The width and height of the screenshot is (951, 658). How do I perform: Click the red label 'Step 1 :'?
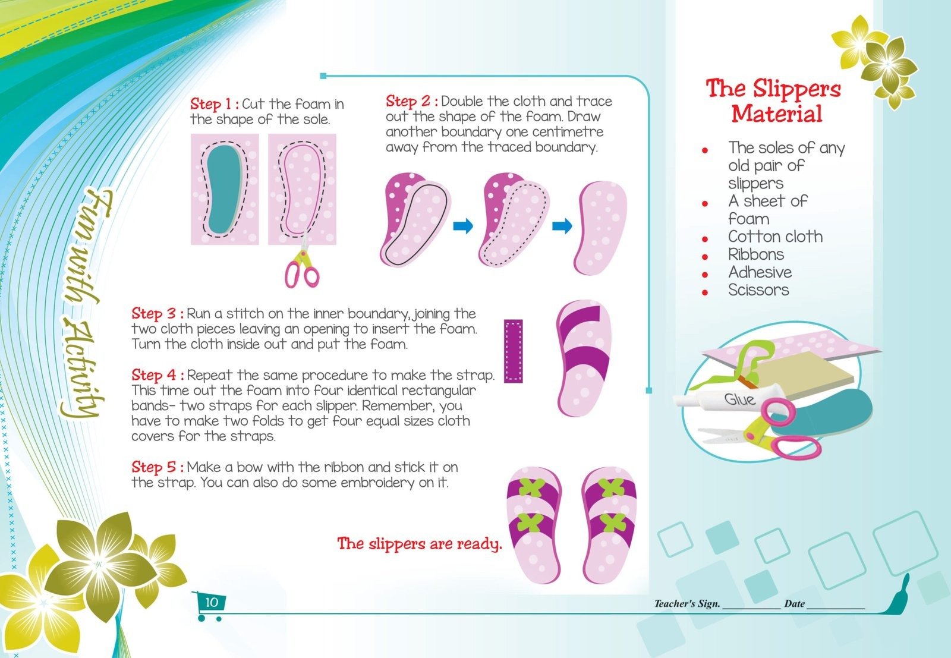tap(215, 104)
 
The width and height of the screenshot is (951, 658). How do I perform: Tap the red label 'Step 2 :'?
tap(412, 102)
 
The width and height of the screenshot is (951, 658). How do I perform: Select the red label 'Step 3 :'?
tap(158, 314)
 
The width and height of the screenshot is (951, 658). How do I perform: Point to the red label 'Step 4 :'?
tap(158, 375)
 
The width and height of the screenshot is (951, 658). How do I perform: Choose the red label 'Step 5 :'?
tap(158, 467)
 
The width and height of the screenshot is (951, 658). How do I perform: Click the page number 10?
tap(212, 602)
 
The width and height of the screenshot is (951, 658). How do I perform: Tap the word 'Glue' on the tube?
tap(739, 399)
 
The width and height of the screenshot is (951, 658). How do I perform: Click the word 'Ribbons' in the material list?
tap(756, 254)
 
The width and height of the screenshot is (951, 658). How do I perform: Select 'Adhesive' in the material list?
tap(760, 272)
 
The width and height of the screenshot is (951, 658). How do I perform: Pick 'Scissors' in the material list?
tap(758, 290)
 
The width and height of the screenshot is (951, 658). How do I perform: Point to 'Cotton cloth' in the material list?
tap(775, 237)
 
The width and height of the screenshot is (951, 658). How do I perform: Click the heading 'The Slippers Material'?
tap(774, 101)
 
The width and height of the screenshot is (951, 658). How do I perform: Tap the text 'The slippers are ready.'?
tap(420, 543)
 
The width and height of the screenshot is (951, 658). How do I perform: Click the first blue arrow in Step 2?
tap(463, 226)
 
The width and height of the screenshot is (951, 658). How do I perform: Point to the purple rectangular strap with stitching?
tap(514, 351)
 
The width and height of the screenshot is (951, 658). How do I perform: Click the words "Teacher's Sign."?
tap(687, 604)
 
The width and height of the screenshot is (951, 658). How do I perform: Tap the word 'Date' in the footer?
tap(794, 604)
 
